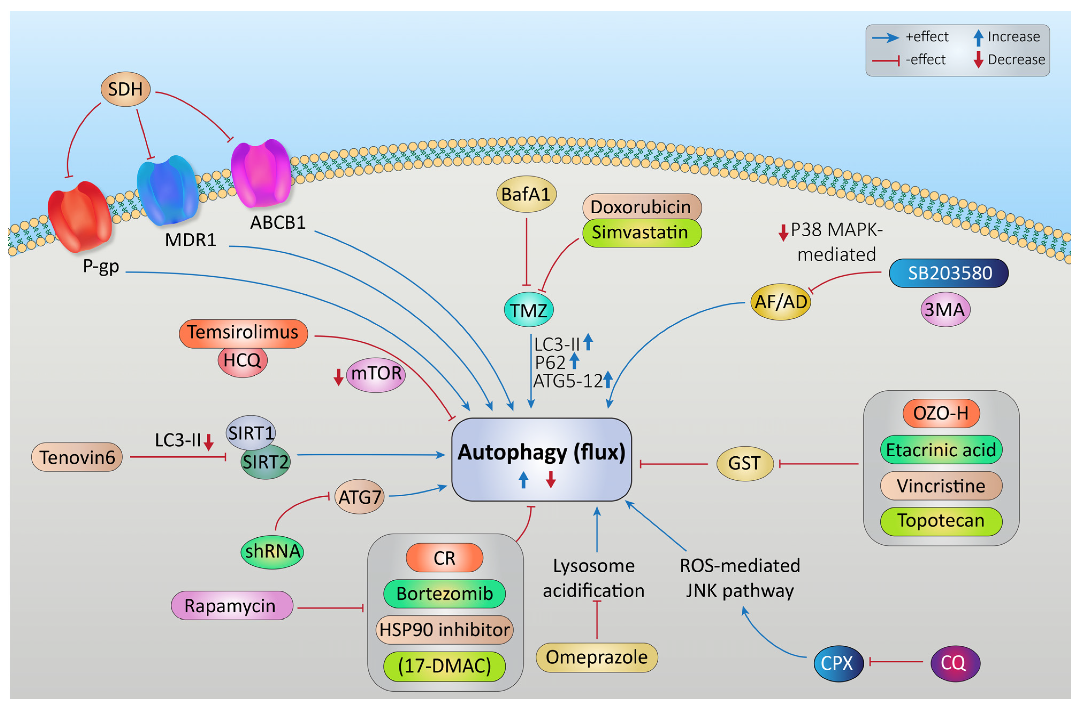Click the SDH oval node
(x=125, y=89)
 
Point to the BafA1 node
(x=526, y=194)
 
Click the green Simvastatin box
(x=641, y=233)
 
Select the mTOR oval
(x=376, y=374)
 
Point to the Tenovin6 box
(x=77, y=457)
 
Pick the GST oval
(x=744, y=464)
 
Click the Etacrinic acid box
(x=941, y=450)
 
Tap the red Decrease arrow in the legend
(x=978, y=60)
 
